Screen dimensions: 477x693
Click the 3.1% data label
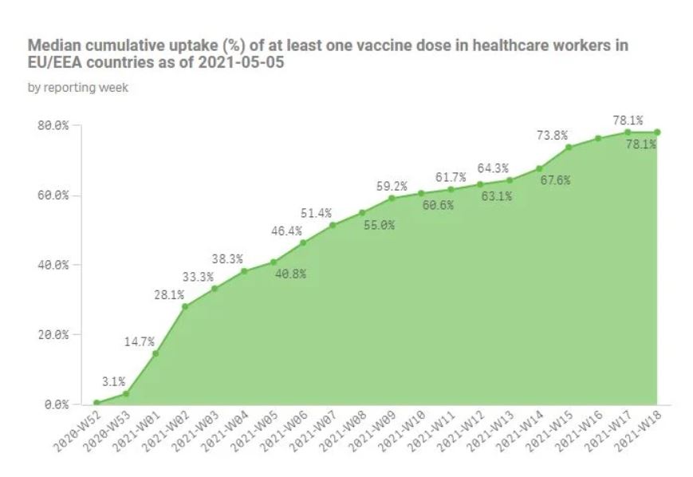click(114, 381)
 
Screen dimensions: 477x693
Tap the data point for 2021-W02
click(185, 306)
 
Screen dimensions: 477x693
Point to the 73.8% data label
click(551, 136)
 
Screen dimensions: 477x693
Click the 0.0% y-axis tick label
click(57, 404)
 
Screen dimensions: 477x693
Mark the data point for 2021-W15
click(569, 148)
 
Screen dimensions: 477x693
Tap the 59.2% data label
click(392, 187)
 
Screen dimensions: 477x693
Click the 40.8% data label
click(290, 274)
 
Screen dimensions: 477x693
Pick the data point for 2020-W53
click(126, 394)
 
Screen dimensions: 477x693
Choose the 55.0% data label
click(379, 225)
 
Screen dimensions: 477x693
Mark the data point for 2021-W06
click(303, 242)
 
